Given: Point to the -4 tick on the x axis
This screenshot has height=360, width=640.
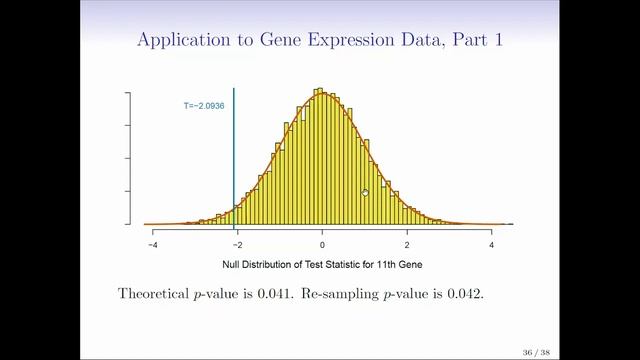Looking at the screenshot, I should tap(153, 244).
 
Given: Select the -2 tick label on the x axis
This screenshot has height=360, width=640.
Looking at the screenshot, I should tap(237, 244).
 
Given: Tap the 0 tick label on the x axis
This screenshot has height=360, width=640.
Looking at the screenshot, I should tap(322, 244).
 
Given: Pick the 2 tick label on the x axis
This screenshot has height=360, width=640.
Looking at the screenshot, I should tap(407, 244).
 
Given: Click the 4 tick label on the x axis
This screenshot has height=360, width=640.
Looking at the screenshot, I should tap(492, 244).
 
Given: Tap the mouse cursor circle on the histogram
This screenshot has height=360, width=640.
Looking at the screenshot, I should tap(365, 193).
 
